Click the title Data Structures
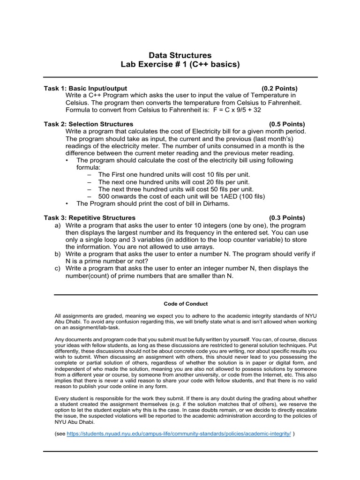click(x=180, y=55)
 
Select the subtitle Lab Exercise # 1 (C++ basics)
click(x=180, y=65)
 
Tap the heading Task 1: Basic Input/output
click(x=85, y=88)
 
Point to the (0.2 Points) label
click(x=279, y=88)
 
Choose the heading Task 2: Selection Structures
click(x=89, y=124)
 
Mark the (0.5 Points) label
click(x=286, y=124)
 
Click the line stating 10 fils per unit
click(x=174, y=174)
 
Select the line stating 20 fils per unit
click(x=174, y=182)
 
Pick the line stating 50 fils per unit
click(x=174, y=189)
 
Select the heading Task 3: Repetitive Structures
click(x=90, y=217)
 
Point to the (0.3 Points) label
click(x=286, y=217)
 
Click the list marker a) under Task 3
click(x=58, y=225)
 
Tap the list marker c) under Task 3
click(x=58, y=269)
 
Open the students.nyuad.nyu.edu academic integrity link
click(x=179, y=434)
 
